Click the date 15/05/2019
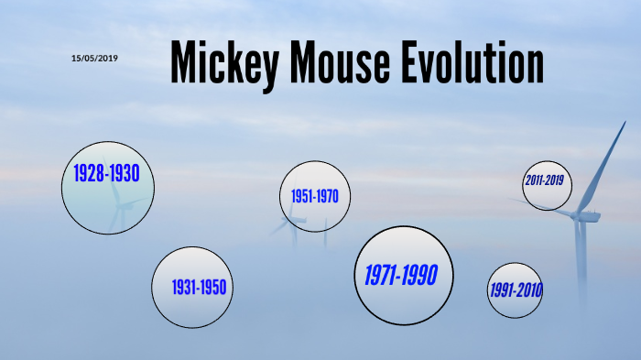[94, 59]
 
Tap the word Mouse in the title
[343, 63]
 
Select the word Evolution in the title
[474, 63]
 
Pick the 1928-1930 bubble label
[106, 174]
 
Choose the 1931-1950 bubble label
[199, 288]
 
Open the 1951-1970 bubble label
[315, 197]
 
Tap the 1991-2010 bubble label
[515, 290]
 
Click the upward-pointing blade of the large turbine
[604, 165]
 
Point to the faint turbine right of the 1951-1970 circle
[325, 234]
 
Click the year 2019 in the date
[107, 59]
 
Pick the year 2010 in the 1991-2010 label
[529, 290]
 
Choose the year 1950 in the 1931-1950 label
[214, 288]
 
